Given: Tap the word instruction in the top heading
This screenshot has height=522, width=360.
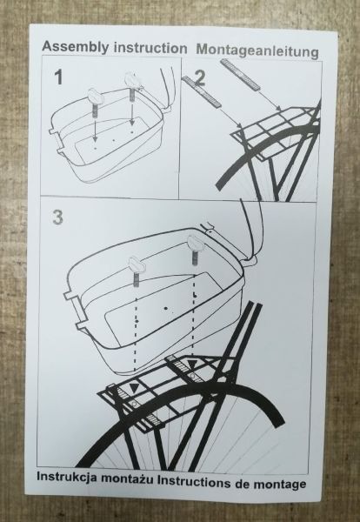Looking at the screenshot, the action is click(x=150, y=48).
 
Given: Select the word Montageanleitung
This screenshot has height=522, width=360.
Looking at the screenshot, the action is click(x=257, y=51).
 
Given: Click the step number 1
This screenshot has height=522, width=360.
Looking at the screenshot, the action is click(x=58, y=77).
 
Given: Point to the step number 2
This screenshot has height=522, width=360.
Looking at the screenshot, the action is click(x=200, y=79).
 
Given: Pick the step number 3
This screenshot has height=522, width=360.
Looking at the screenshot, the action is click(x=57, y=217).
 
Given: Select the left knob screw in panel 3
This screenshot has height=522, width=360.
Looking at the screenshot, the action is click(x=137, y=271).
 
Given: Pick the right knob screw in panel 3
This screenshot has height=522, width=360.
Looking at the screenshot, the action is click(x=194, y=251).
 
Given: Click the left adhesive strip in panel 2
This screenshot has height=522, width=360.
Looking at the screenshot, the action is click(x=202, y=90).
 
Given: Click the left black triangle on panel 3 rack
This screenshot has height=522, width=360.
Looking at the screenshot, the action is click(x=134, y=388).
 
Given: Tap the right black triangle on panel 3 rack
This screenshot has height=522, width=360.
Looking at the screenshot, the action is click(x=192, y=365).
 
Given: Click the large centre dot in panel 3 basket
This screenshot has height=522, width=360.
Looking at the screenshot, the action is click(x=165, y=308).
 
